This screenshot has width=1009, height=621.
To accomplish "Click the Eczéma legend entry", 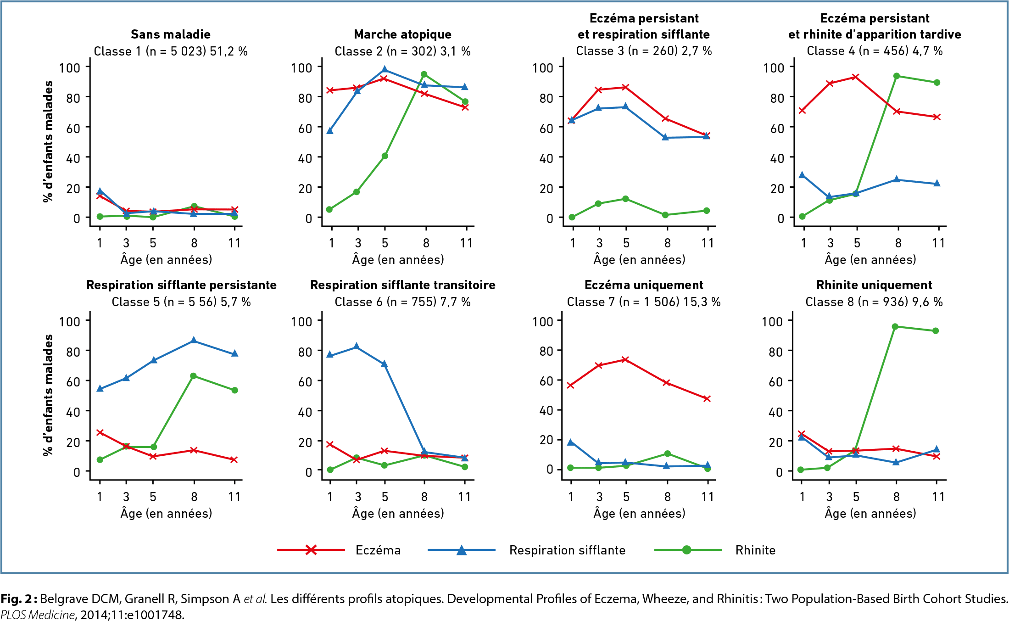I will coord(378,550).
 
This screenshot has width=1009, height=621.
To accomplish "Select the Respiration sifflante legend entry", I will coord(567,550).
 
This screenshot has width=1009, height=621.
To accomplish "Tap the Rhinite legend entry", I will coord(755,550).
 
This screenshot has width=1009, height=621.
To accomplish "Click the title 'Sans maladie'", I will coord(171,34).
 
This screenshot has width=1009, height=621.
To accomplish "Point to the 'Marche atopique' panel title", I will coord(402,34).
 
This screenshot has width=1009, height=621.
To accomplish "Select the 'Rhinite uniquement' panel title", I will coord(874,285).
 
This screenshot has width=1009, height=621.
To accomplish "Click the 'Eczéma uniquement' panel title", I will coord(643,285).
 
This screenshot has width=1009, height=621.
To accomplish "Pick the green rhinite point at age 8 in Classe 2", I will coord(424,74).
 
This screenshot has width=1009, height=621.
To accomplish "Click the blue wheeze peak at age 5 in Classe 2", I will coord(385,70).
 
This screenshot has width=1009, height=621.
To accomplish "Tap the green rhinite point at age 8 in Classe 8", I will coord(895,327).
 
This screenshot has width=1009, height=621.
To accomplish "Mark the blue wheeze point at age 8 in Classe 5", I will coord(194,340).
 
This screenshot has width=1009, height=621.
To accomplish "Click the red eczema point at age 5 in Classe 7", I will coord(625,359).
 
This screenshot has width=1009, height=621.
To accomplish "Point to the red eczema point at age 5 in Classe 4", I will coord(855,77).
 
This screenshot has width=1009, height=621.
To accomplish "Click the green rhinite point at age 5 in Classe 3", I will coord(625,199).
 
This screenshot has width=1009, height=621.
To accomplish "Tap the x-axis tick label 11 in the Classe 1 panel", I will coord(234,243).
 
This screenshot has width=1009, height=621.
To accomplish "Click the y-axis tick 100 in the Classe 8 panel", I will coord(772,321).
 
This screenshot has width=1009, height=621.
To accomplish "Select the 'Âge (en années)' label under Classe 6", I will coord(398,513).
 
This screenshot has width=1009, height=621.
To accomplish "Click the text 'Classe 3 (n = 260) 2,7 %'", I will coord(643,51).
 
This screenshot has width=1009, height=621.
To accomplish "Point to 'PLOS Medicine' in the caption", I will coord(37,615).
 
